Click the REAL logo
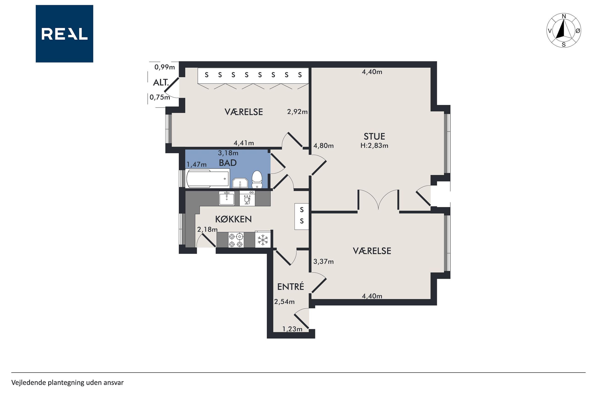(x=64, y=34)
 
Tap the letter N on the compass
(x=564, y=16)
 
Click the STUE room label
(x=374, y=137)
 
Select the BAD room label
(x=228, y=163)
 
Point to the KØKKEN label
(x=233, y=219)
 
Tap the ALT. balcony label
(x=161, y=82)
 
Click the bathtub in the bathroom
(x=208, y=178)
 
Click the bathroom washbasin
(x=240, y=183)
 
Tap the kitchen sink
(x=227, y=198)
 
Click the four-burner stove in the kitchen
(x=236, y=240)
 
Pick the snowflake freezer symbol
(x=263, y=240)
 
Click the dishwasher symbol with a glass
(x=247, y=198)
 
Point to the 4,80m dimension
(x=323, y=146)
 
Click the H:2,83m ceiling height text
(x=374, y=146)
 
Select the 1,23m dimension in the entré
(x=292, y=329)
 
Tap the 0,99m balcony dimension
(x=165, y=67)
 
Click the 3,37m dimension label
(x=323, y=262)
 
